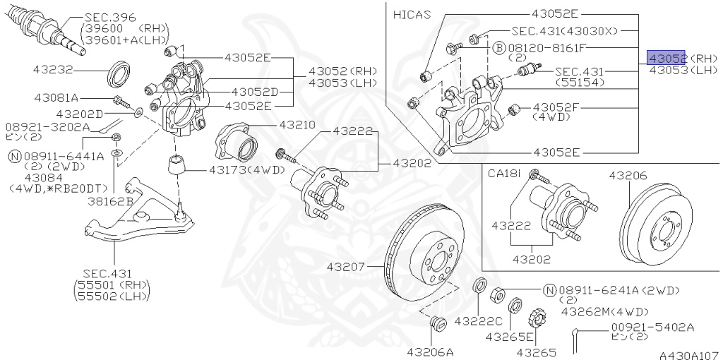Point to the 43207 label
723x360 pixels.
pos(345,267)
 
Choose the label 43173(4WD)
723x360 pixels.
pos(247,169)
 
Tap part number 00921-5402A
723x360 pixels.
pos(652,327)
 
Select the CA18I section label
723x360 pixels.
pos(504,172)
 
